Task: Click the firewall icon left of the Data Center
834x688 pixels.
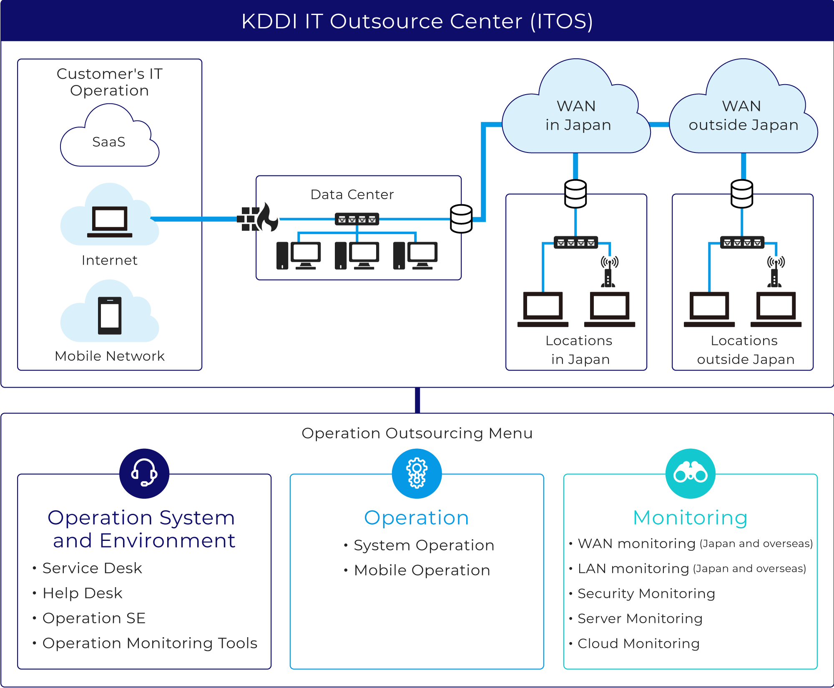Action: click(257, 218)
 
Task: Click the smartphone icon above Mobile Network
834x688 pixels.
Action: click(110, 315)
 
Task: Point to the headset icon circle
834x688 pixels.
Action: click(144, 473)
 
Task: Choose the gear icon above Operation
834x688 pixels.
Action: click(417, 473)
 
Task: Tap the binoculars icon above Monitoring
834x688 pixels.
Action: click(690, 473)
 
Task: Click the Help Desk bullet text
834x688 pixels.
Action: click(83, 593)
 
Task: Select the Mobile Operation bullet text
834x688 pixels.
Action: click(422, 570)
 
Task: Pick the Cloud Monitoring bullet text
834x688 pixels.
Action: click(638, 643)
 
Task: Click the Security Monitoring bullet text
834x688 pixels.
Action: click(646, 593)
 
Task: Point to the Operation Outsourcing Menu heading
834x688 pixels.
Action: click(417, 433)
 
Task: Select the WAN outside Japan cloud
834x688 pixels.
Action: click(743, 116)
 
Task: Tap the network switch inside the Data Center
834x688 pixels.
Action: click(357, 219)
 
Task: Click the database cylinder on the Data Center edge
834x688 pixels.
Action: click(461, 219)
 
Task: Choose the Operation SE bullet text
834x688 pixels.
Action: click(94, 618)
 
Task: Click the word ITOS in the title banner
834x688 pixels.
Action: click(561, 22)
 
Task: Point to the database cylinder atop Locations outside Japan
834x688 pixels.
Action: click(742, 194)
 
